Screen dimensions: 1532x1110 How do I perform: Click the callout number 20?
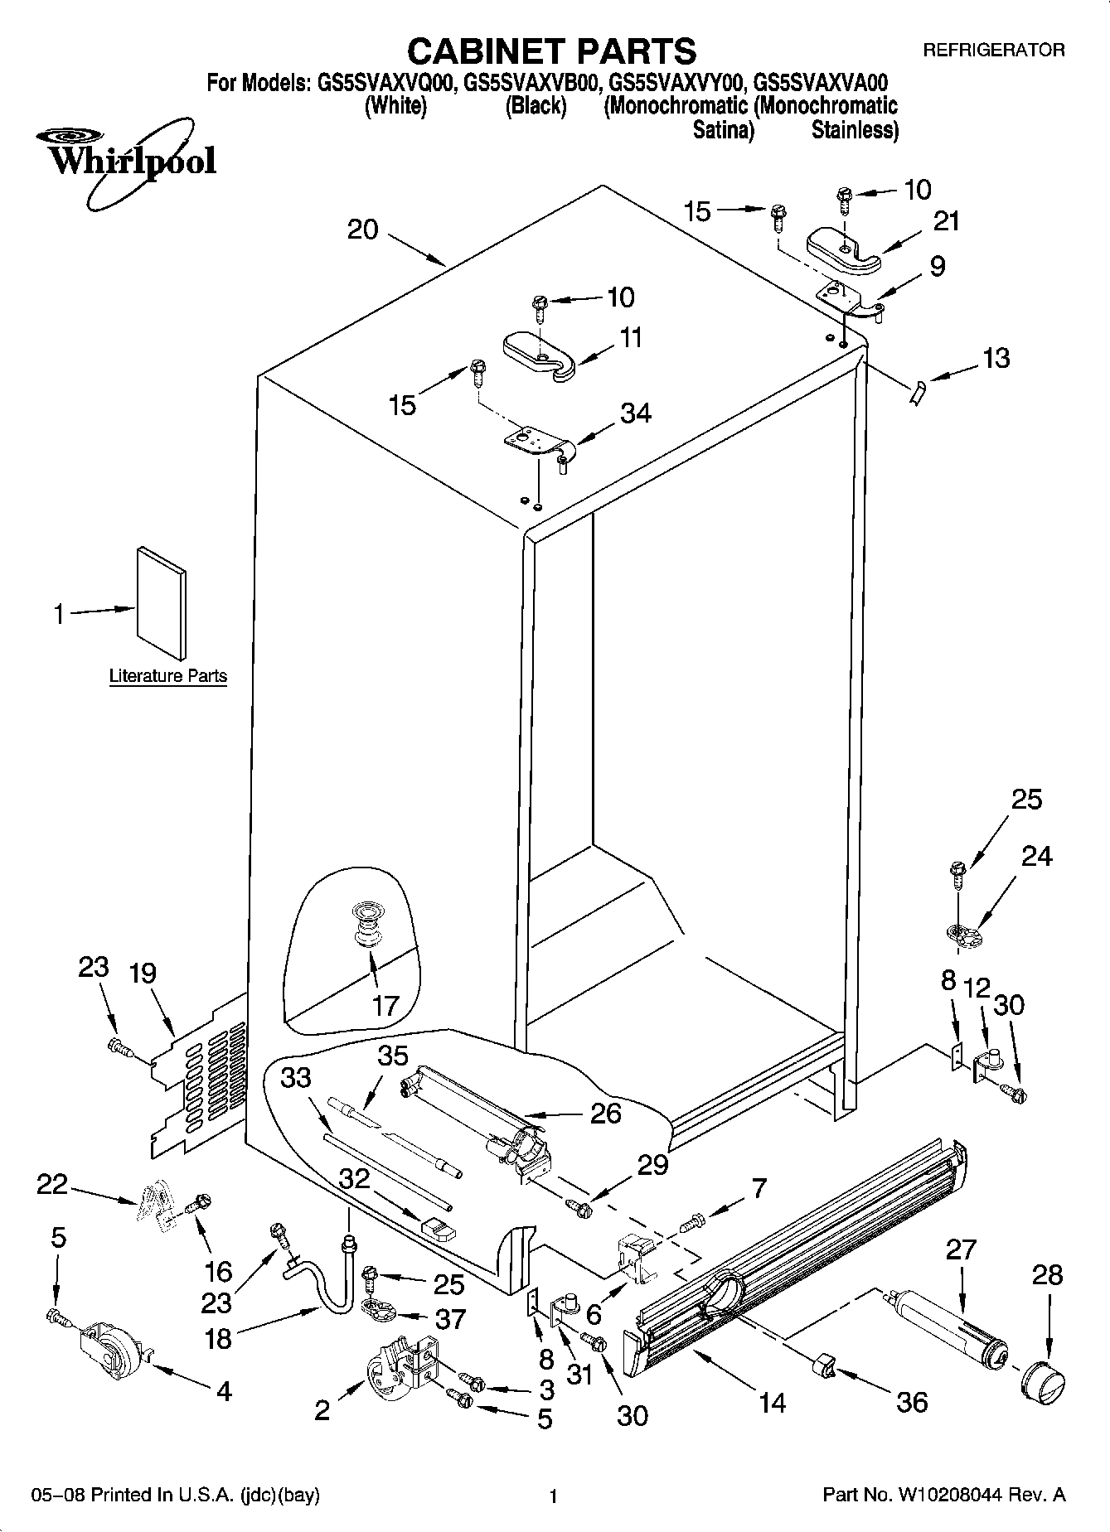tap(362, 230)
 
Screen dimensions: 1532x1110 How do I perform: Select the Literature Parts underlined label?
tap(168, 676)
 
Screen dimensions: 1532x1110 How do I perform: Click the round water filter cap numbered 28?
tap(1041, 1378)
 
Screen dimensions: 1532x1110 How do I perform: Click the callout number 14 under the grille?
tap(771, 1403)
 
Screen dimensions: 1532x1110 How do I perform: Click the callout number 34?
tap(636, 413)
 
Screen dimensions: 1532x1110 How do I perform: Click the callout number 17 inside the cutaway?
tap(385, 1005)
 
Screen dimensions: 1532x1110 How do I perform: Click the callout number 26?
tap(605, 1112)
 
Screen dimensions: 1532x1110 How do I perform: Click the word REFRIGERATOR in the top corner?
tap(993, 51)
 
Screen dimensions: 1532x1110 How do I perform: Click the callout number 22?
tap(51, 1186)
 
